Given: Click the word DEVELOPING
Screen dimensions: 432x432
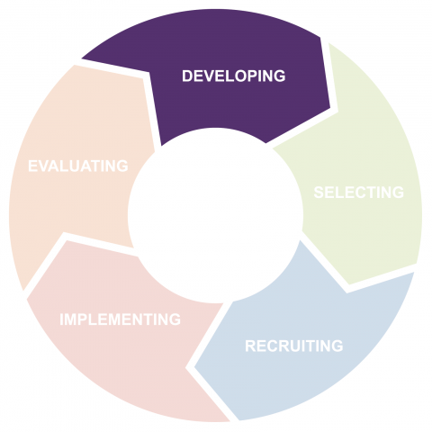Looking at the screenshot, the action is coord(234,76).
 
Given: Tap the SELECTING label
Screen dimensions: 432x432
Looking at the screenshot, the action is coord(359,193).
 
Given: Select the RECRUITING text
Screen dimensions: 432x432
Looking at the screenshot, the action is coord(294,346).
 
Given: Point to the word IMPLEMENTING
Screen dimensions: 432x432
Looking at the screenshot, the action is coord(121,319).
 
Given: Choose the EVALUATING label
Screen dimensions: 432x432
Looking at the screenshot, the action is coord(78,166).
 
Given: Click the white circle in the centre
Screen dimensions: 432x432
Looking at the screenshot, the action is coord(215,215).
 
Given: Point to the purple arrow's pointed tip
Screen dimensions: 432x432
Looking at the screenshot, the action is coord(330,107).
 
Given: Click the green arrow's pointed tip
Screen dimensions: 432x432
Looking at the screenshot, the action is coord(349,284).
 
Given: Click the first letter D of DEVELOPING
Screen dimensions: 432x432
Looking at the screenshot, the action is coord(187,76).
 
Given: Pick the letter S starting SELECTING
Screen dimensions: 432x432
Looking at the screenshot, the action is coord(319,193).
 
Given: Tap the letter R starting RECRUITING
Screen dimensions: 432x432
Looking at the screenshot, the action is coord(250,346).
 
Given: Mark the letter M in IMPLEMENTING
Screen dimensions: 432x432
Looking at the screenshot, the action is coord(71,319).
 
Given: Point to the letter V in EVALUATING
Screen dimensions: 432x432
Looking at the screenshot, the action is coord(45,166).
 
